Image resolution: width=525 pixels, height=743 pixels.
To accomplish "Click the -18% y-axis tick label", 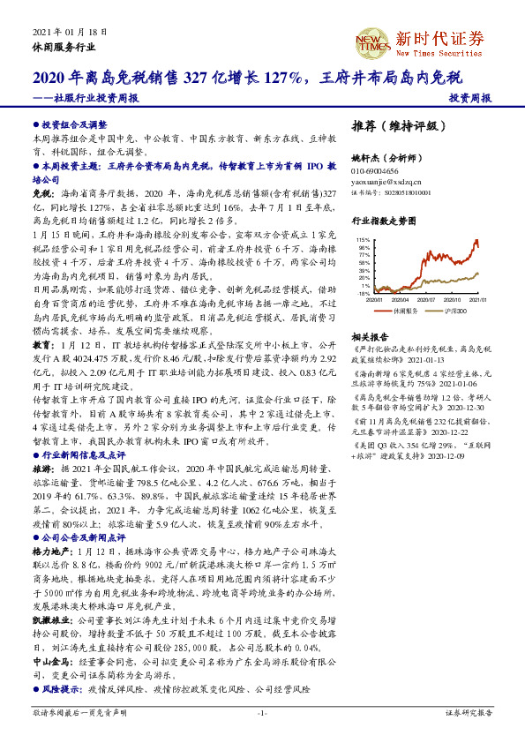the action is tap(364, 293).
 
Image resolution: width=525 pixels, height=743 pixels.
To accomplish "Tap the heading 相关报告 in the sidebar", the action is tap(366, 337).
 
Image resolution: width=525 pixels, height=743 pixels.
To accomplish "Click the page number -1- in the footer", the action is tap(262, 711).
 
